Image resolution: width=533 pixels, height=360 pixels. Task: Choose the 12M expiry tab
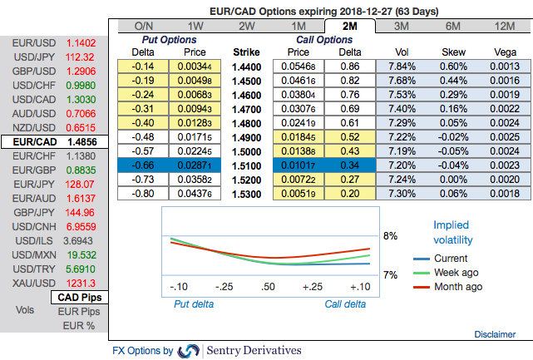click(501, 27)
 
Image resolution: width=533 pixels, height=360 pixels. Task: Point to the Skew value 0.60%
click(457, 66)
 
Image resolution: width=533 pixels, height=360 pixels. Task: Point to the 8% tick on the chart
click(388, 236)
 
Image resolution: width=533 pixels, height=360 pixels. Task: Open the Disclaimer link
click(495, 333)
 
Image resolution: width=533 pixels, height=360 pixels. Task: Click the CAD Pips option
click(79, 297)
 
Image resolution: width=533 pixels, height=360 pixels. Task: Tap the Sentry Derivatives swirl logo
click(189, 351)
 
